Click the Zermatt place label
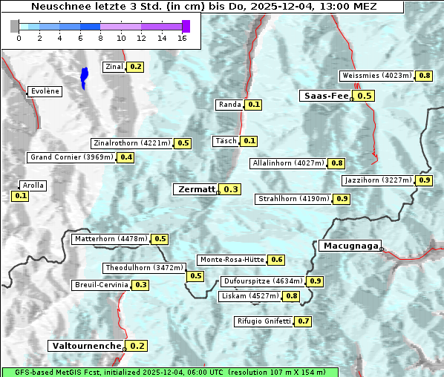point(196,189)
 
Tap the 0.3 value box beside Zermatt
point(231,189)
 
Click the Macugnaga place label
point(350,246)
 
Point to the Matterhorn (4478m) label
point(111,239)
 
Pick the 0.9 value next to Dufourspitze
point(315,281)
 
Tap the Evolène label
point(45,91)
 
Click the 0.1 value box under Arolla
point(20,196)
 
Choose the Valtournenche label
point(86,346)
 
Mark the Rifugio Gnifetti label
point(264,321)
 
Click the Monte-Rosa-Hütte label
point(231,260)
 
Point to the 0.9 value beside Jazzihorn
point(424,180)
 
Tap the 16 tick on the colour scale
point(182,37)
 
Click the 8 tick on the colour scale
point(100,37)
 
